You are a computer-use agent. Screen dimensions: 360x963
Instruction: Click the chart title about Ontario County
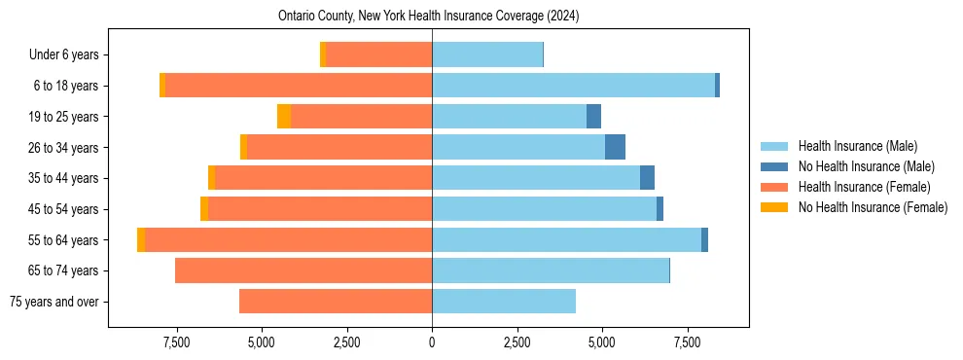pyautogui.click(x=428, y=16)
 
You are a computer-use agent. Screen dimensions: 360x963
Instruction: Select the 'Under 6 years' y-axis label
pyautogui.click(x=70, y=55)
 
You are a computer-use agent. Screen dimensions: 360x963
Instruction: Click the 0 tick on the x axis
pyautogui.click(x=432, y=342)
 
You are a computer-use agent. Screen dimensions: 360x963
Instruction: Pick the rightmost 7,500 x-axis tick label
pyautogui.click(x=688, y=342)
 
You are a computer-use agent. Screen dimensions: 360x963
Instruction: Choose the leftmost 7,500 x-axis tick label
pyautogui.click(x=176, y=342)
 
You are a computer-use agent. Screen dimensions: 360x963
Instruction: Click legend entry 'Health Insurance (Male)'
pyautogui.click(x=857, y=146)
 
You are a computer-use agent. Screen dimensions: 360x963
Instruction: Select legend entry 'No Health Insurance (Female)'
pyautogui.click(x=873, y=207)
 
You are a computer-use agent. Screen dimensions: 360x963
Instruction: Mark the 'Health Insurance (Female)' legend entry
pyautogui.click(x=864, y=187)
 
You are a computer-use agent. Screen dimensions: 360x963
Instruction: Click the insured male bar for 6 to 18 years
pyautogui.click(x=574, y=86)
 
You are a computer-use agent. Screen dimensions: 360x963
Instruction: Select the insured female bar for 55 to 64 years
pyautogui.click(x=289, y=239)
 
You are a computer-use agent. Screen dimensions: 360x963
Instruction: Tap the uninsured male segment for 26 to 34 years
pyautogui.click(x=615, y=147)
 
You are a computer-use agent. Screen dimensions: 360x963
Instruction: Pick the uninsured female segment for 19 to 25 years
pyautogui.click(x=284, y=117)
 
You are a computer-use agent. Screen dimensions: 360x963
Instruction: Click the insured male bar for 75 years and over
pyautogui.click(x=504, y=302)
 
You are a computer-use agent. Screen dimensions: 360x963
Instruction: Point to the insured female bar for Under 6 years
pyautogui.click(x=379, y=55)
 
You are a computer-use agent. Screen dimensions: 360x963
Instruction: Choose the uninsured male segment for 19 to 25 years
pyautogui.click(x=593, y=117)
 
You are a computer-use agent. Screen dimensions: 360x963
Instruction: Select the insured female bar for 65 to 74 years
pyautogui.click(x=303, y=270)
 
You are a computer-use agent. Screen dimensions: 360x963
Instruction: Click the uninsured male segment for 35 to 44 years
pyautogui.click(x=647, y=178)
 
